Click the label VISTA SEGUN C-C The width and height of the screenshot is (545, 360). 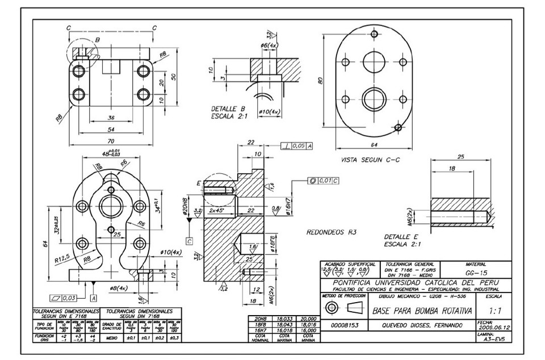click(369, 160)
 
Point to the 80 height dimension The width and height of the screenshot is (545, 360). click(320, 81)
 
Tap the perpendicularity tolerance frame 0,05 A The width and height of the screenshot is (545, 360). click(297, 146)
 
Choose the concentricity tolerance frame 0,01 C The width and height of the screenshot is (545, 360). click(324, 181)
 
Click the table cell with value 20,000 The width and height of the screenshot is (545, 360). click(308, 319)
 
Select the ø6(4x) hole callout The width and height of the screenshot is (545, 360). click(269, 45)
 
